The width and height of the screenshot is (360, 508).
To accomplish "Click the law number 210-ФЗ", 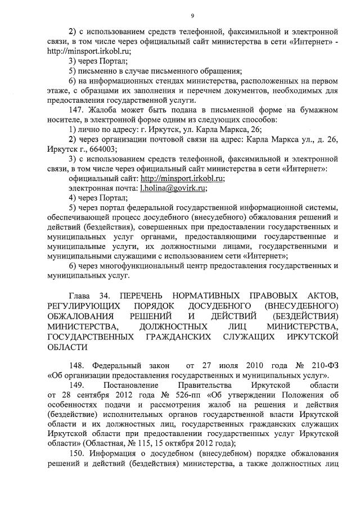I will point(322,365).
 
